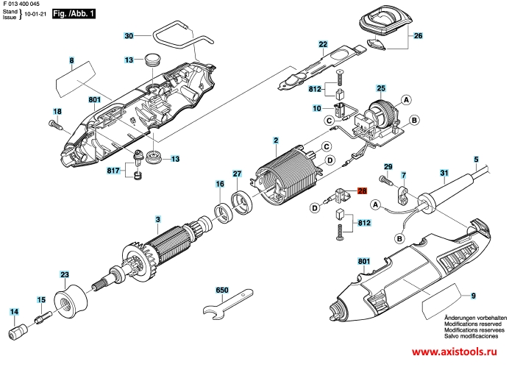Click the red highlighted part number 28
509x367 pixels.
pos(362,190)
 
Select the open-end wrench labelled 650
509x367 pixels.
pos(227,303)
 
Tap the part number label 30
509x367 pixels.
pos(129,35)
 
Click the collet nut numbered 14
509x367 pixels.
pos(18,332)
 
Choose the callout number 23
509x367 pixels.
pos(65,274)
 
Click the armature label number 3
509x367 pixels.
pos(157,220)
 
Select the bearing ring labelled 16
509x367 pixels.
pos(223,213)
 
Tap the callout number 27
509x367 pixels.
pos(238,174)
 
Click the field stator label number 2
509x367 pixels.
pos(276,140)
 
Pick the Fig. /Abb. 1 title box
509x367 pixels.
pos(74,14)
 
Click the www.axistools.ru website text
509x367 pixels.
pos(455,352)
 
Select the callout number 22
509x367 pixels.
pos(323,44)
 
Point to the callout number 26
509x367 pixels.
pos(418,35)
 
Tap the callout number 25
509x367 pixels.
pos(381,88)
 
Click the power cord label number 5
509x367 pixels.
pos(476,160)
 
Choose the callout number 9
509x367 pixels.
pos(474,295)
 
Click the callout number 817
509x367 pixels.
pos(113,170)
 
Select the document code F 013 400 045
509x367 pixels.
pos(21,4)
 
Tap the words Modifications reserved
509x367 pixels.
pos(473,324)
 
